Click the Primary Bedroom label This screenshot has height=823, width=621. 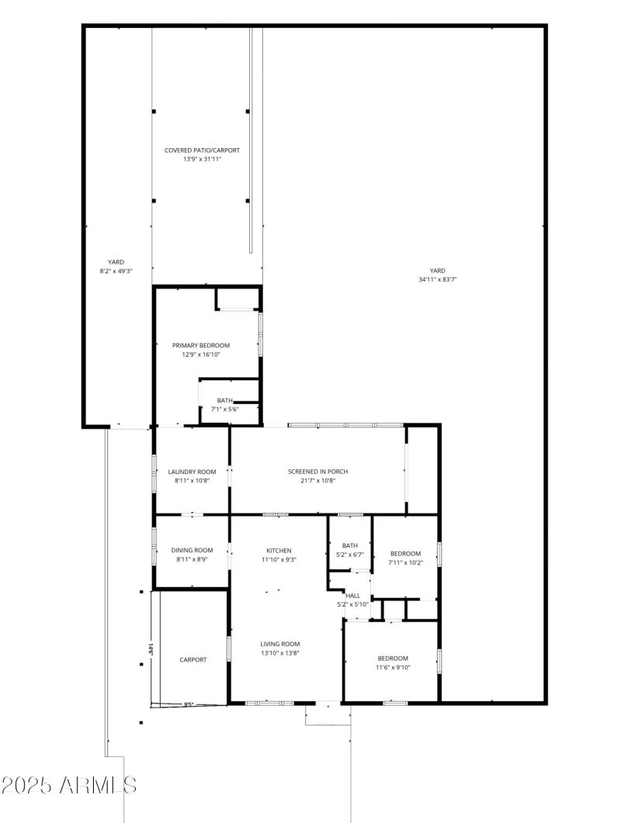(201, 345)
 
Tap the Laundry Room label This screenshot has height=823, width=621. (192, 472)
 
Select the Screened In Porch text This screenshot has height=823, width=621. (317, 472)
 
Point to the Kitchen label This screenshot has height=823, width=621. (279, 551)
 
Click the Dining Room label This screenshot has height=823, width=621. (192, 551)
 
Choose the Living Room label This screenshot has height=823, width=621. (279, 644)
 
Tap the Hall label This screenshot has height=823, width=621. (352, 596)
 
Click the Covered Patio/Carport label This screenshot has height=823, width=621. (201, 150)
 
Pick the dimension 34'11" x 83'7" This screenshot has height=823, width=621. (437, 279)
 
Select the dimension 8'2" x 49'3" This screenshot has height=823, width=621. (116, 271)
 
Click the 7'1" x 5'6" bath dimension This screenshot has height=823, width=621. (224, 409)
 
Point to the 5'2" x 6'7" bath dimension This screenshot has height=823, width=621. (350, 554)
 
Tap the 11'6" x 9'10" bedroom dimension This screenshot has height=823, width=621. (393, 667)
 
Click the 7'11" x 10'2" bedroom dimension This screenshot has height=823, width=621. (405, 562)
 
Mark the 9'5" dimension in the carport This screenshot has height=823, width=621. (189, 704)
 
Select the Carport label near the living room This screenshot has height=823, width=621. (193, 659)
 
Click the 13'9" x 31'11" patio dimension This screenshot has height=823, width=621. (201, 159)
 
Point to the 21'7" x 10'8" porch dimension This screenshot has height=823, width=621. (317, 480)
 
